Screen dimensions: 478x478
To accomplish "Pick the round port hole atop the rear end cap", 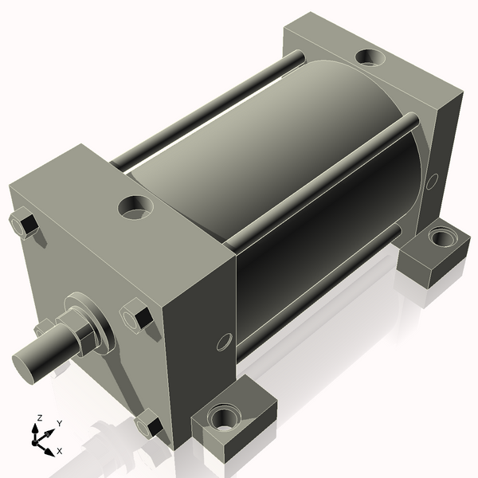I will coord(369,58).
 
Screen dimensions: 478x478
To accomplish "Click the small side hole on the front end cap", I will coord(224,343).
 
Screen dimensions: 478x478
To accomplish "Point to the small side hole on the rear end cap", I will coord(432,181).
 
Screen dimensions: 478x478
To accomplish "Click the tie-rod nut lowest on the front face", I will coord(149,424).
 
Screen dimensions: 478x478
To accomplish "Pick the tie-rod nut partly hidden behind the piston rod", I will coord(45,327).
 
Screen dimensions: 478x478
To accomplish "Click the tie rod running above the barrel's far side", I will coord(207,108).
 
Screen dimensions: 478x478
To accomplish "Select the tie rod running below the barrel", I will coord(319,295).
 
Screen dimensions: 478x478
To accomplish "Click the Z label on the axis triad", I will coord(37,418).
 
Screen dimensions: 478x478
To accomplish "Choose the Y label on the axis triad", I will coord(60,424).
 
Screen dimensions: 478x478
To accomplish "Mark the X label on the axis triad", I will coord(60,451).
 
